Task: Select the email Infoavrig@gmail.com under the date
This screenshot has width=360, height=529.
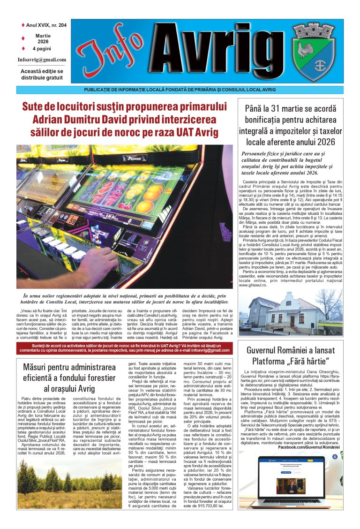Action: click(42, 60)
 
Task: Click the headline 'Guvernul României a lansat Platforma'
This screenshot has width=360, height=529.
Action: click(291, 356)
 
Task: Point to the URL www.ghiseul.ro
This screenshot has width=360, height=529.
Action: click(256, 285)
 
